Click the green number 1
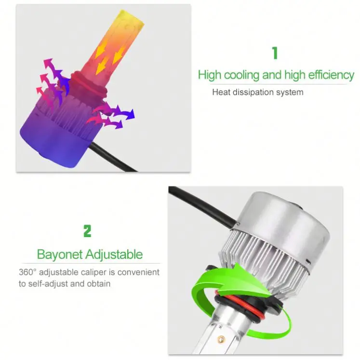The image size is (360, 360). [x=275, y=53]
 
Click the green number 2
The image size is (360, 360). [x=87, y=231]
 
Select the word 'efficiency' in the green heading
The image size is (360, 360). [x=326, y=75]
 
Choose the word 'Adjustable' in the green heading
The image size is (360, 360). [x=114, y=254]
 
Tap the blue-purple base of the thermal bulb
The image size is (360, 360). [x=48, y=140]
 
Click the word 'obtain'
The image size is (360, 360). [x=98, y=284]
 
